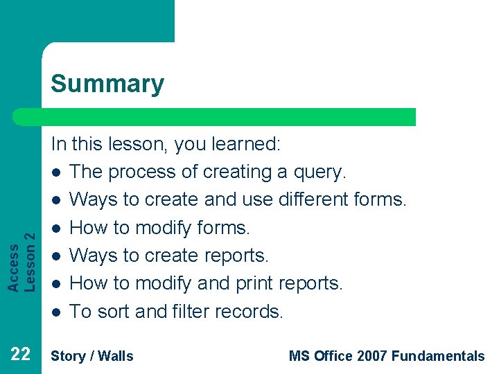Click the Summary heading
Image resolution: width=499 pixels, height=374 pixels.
(x=107, y=84)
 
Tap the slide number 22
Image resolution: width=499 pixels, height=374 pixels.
(x=20, y=355)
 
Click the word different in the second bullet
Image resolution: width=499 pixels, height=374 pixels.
(x=310, y=199)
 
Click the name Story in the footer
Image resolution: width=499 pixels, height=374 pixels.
(x=69, y=356)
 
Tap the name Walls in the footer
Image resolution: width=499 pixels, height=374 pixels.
(x=116, y=356)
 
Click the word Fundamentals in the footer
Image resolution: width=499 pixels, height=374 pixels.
(x=438, y=356)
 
